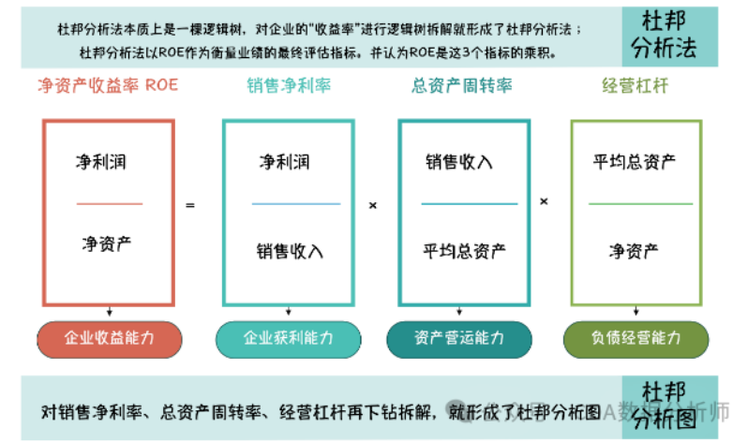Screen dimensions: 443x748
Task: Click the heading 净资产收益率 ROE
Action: pos(107,86)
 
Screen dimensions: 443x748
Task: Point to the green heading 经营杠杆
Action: pos(635,86)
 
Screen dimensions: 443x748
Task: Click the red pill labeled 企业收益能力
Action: pos(108,338)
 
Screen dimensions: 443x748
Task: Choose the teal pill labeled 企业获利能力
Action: pos(288,338)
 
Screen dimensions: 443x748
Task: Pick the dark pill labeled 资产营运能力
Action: pos(459,338)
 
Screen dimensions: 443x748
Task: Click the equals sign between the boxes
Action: pos(190,203)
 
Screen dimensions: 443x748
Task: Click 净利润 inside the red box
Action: pos(100,162)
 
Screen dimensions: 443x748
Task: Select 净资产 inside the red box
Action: pos(106,245)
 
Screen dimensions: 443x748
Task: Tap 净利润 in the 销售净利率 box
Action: pos(284,162)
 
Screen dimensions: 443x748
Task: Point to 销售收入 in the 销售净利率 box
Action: pos(290,250)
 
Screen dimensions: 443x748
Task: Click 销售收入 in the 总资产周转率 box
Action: pos(459,162)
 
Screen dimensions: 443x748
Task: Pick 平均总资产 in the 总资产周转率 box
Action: pos(464,250)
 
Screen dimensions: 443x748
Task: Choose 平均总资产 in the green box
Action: pos(635,162)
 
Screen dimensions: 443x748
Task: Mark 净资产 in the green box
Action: pos(634,250)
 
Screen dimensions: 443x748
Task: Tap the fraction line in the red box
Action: pos(110,203)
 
